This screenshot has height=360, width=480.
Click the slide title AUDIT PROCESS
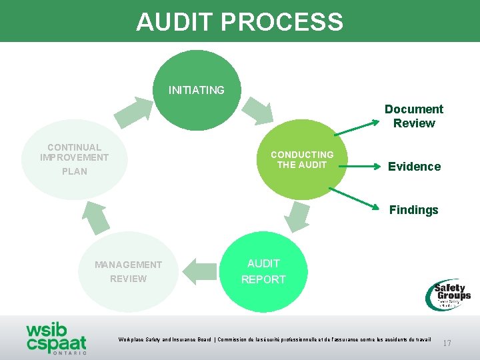tap(239, 21)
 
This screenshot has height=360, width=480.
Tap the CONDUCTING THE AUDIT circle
tap(302, 160)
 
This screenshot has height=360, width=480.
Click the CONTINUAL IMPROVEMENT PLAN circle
tap(74, 159)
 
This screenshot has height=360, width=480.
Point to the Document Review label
tap(413, 116)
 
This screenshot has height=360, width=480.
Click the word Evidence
tap(414, 167)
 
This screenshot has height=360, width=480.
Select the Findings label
tap(413, 210)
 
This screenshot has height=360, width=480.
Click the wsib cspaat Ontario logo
tap(57, 337)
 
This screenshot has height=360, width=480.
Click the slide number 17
tap(447, 343)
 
